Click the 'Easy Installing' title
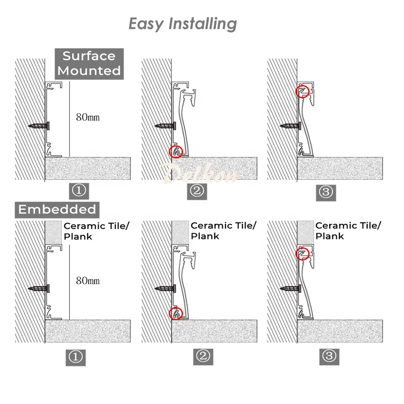pos(183,24)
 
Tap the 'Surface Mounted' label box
pos(89,63)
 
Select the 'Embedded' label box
pos(57,209)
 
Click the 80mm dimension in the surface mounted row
pos(88,118)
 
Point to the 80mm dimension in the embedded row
pos(88,281)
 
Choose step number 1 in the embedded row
pos(76,357)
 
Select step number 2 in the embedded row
pos(203,356)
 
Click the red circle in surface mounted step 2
pos(176,151)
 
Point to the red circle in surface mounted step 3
pos(302,91)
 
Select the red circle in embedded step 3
pos(302,253)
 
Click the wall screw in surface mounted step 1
pos(40,126)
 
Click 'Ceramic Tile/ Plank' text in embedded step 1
pos(96,231)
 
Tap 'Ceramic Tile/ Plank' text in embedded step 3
pos(347,231)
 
